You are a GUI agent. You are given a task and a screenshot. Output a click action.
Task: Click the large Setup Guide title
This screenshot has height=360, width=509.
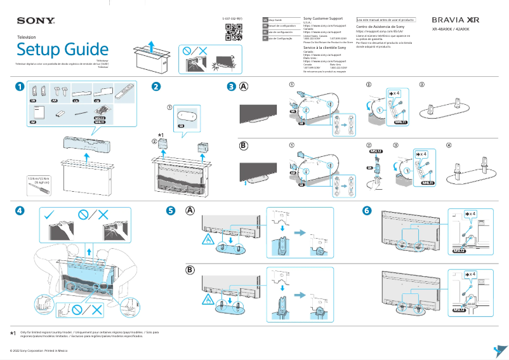pos(62,50)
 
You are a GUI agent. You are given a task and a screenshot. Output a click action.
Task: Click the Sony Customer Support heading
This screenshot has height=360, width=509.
pos(323,19)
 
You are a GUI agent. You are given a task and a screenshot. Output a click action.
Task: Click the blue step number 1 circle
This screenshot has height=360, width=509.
pos(20,87)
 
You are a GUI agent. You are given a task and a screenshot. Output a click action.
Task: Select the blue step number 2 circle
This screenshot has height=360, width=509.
pos(156,87)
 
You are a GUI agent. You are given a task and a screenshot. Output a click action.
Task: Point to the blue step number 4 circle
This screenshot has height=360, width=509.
pos(20,210)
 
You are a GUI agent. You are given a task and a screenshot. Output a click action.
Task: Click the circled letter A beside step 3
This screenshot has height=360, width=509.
pos(244,87)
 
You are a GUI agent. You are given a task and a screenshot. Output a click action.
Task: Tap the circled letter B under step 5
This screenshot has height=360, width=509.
pos(190,270)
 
